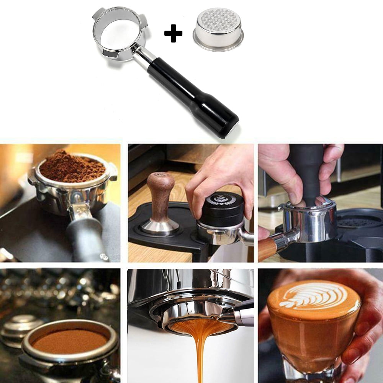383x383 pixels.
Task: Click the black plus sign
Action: (173, 33)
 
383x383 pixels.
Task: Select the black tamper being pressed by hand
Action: (306, 172)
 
